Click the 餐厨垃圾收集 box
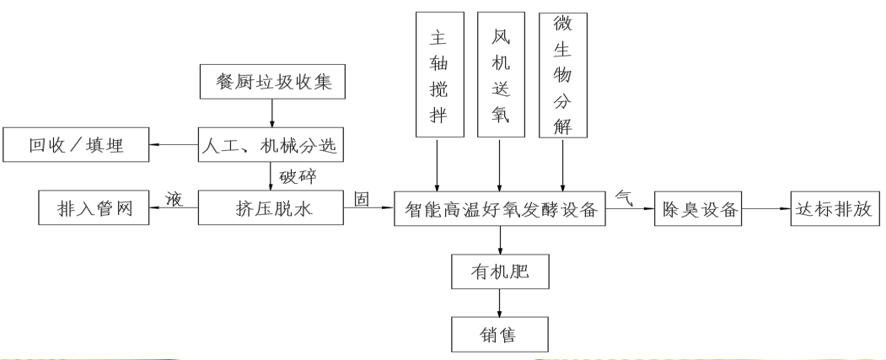(271, 83)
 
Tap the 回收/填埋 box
(77, 145)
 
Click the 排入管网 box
(94, 208)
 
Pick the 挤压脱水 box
(271, 208)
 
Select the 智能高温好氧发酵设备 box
(501, 208)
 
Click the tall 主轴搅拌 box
(439, 74)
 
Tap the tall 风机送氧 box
(501, 74)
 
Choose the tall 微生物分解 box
(562, 74)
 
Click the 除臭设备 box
(697, 208)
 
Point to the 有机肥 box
(501, 271)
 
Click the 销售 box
(501, 335)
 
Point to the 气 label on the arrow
(626, 196)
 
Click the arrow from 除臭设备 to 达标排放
(765, 208)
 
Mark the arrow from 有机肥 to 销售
(501, 303)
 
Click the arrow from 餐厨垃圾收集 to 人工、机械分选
(271, 113)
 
